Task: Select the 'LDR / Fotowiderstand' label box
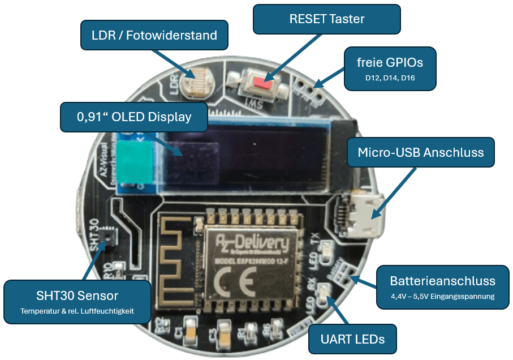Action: click(x=154, y=36)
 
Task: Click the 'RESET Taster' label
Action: click(x=326, y=19)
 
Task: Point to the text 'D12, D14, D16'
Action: click(x=390, y=78)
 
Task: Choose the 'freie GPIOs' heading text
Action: click(x=390, y=62)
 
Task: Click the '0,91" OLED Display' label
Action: click(x=134, y=117)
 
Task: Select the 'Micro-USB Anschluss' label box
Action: click(x=421, y=152)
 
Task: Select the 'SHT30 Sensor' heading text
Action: click(x=77, y=295)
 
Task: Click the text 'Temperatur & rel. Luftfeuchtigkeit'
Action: click(x=77, y=311)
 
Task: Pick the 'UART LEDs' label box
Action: click(x=352, y=339)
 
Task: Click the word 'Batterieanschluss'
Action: click(x=442, y=281)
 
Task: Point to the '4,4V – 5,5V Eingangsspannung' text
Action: click(x=442, y=296)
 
